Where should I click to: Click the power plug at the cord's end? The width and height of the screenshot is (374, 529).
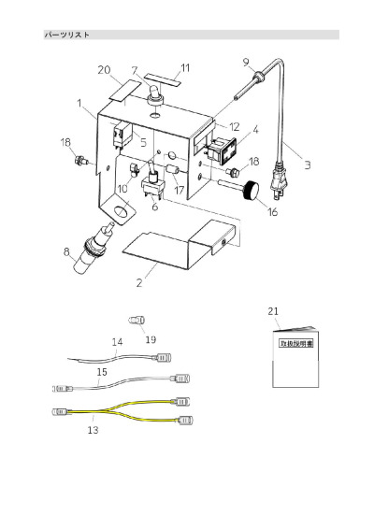(279, 181)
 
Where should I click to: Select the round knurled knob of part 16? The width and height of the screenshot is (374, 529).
(252, 191)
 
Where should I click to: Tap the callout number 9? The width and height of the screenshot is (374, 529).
(247, 62)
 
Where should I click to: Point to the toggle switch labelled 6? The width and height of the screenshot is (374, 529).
(152, 181)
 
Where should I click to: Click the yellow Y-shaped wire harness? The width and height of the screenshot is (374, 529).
(123, 411)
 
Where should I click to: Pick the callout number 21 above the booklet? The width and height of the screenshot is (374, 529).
(273, 311)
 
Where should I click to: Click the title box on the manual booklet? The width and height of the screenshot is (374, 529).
(296, 343)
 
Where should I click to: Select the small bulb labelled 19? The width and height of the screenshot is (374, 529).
(137, 319)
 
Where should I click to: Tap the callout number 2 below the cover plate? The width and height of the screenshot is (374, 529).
(139, 282)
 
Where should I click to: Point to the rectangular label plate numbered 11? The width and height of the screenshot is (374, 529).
(162, 79)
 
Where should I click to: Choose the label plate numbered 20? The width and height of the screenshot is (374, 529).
(124, 90)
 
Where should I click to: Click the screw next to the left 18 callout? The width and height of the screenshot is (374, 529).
(81, 160)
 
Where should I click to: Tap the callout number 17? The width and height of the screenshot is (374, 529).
(179, 190)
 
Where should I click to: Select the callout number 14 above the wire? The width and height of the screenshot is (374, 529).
(117, 342)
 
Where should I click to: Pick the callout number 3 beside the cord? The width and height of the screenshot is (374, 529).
(308, 165)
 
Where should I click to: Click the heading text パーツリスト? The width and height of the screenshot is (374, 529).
(67, 35)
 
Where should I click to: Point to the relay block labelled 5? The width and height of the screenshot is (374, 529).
(122, 135)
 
